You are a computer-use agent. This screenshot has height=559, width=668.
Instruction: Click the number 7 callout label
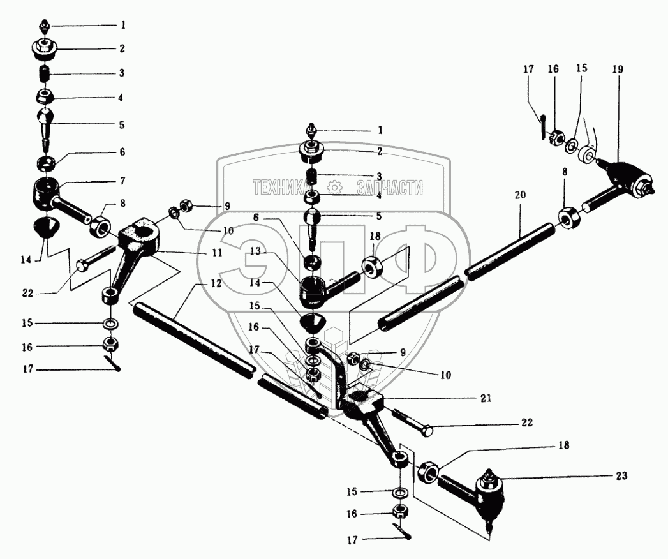(121, 181)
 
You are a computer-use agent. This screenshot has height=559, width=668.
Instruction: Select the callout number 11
(218, 253)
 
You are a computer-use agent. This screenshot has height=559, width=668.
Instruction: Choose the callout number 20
(520, 195)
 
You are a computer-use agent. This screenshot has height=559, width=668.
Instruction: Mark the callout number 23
(622, 475)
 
